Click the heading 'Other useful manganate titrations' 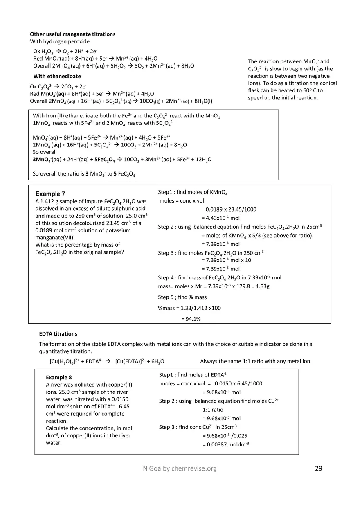[x=73, y=34]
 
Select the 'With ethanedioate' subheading [x=57, y=76]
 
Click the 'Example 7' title [x=50, y=194]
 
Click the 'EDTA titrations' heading [x=58, y=334]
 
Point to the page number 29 [x=319, y=468]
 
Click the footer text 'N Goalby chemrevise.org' [x=177, y=468]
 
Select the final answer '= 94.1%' [x=191, y=319]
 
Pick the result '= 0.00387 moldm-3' [x=226, y=444]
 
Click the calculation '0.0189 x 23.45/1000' [x=231, y=209]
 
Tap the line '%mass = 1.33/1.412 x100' [x=189, y=308]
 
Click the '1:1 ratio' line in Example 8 [x=213, y=410]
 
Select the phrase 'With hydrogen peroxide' [x=60, y=42]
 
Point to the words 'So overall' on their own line [x=45, y=152]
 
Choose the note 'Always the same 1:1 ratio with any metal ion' [x=255, y=361]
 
